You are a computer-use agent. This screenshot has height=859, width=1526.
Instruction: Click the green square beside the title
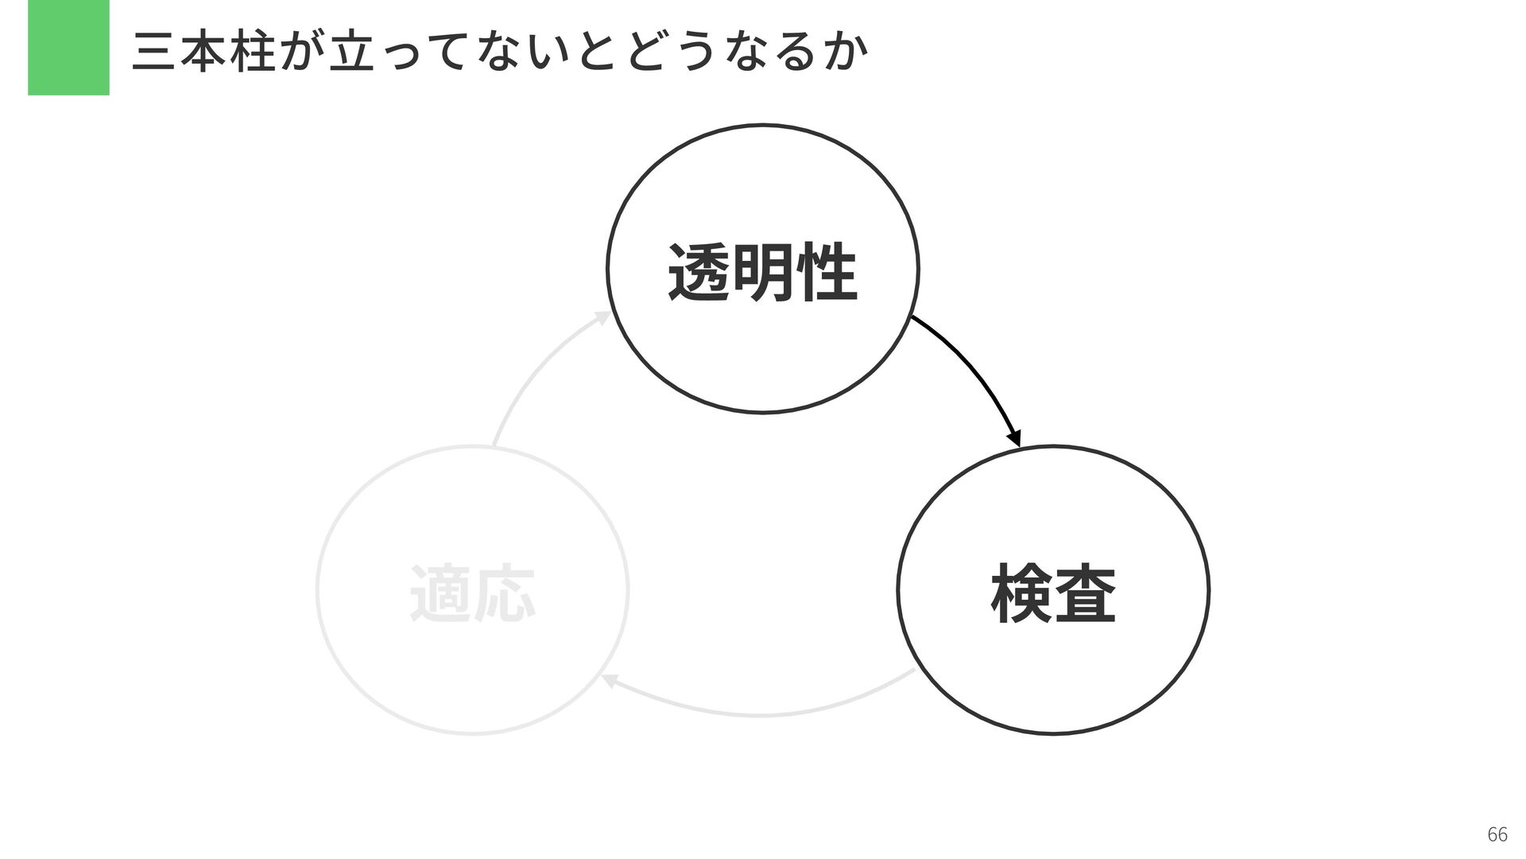[x=68, y=48]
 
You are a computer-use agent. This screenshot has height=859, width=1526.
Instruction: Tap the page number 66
[x=1497, y=834]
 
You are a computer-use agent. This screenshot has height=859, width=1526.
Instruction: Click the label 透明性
[x=762, y=273]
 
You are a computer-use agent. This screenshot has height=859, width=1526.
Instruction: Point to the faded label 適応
[x=472, y=593]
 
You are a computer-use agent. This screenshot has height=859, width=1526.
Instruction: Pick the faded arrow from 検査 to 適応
[x=759, y=713]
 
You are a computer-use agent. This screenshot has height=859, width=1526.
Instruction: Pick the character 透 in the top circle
[x=699, y=273]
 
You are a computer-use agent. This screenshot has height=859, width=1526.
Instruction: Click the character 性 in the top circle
[x=827, y=273]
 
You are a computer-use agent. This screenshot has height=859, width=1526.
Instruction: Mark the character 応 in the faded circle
[x=505, y=593]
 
